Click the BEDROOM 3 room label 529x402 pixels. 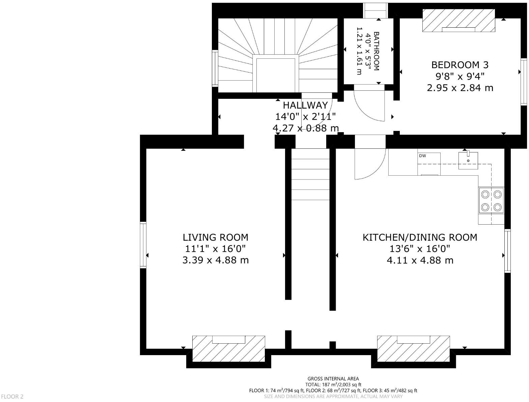(x=460, y=65)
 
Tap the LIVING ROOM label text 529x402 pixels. (x=215, y=237)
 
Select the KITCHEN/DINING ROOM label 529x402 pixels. (x=420, y=237)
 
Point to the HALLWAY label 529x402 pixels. (x=305, y=105)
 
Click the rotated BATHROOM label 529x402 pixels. (x=376, y=51)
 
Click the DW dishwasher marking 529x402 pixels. (x=422, y=156)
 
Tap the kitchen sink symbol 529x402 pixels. (x=468, y=161)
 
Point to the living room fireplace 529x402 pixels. (x=228, y=348)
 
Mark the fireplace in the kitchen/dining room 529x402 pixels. (x=413, y=348)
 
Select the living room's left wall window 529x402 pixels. (x=143, y=245)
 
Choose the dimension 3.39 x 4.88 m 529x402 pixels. (x=215, y=260)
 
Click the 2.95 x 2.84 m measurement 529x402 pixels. (x=460, y=88)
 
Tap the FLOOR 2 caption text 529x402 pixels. (x=12, y=397)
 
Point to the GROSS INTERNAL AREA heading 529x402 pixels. (x=333, y=379)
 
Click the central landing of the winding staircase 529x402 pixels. (x=276, y=74)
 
